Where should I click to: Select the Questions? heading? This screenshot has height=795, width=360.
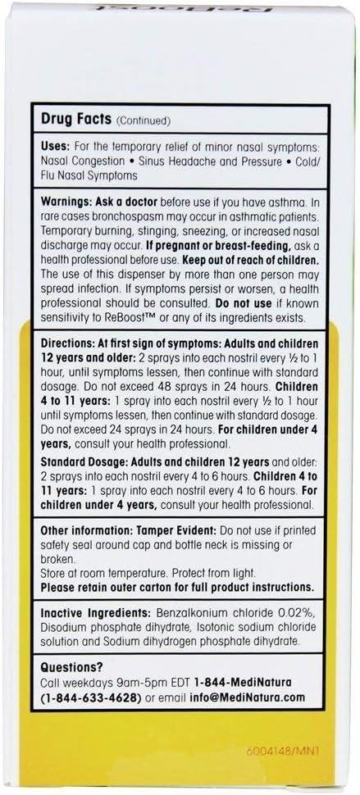tap(71, 669)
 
